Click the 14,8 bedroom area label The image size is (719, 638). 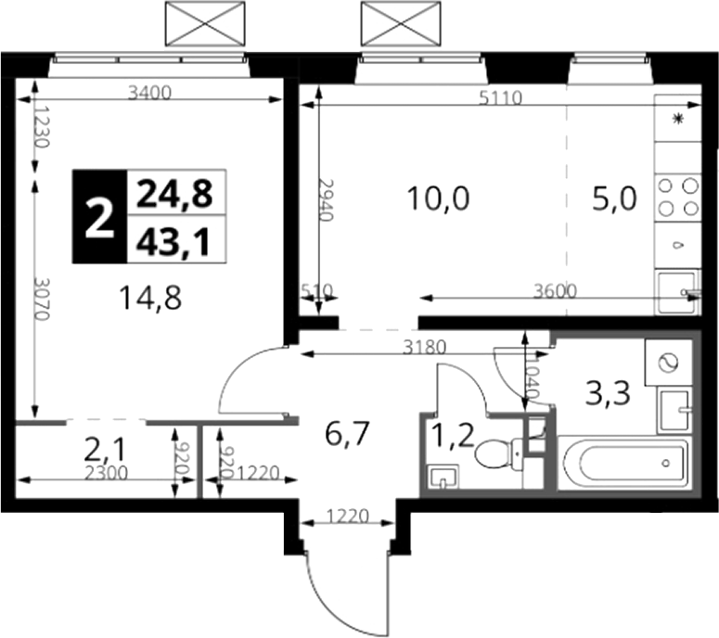click(x=150, y=298)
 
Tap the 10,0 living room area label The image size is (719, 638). click(x=439, y=199)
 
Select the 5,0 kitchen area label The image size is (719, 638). click(x=614, y=199)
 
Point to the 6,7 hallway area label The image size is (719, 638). click(x=347, y=434)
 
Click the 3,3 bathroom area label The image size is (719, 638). click(x=608, y=394)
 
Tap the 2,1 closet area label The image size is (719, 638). click(x=105, y=450)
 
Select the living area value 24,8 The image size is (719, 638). click(x=174, y=194)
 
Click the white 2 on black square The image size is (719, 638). click(x=99, y=216)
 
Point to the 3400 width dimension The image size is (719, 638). click(x=149, y=93)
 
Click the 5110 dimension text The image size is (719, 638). click(x=501, y=97)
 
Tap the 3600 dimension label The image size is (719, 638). click(x=555, y=290)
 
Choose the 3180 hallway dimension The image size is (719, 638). click(x=424, y=348)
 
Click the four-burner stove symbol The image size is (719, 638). click(x=678, y=198)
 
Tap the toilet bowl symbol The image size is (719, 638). click(x=499, y=453)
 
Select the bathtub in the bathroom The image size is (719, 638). click(x=623, y=463)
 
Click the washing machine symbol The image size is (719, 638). click(x=668, y=363)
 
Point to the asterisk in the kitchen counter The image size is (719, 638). click(x=678, y=119)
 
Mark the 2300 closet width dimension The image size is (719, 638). click(x=107, y=473)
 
